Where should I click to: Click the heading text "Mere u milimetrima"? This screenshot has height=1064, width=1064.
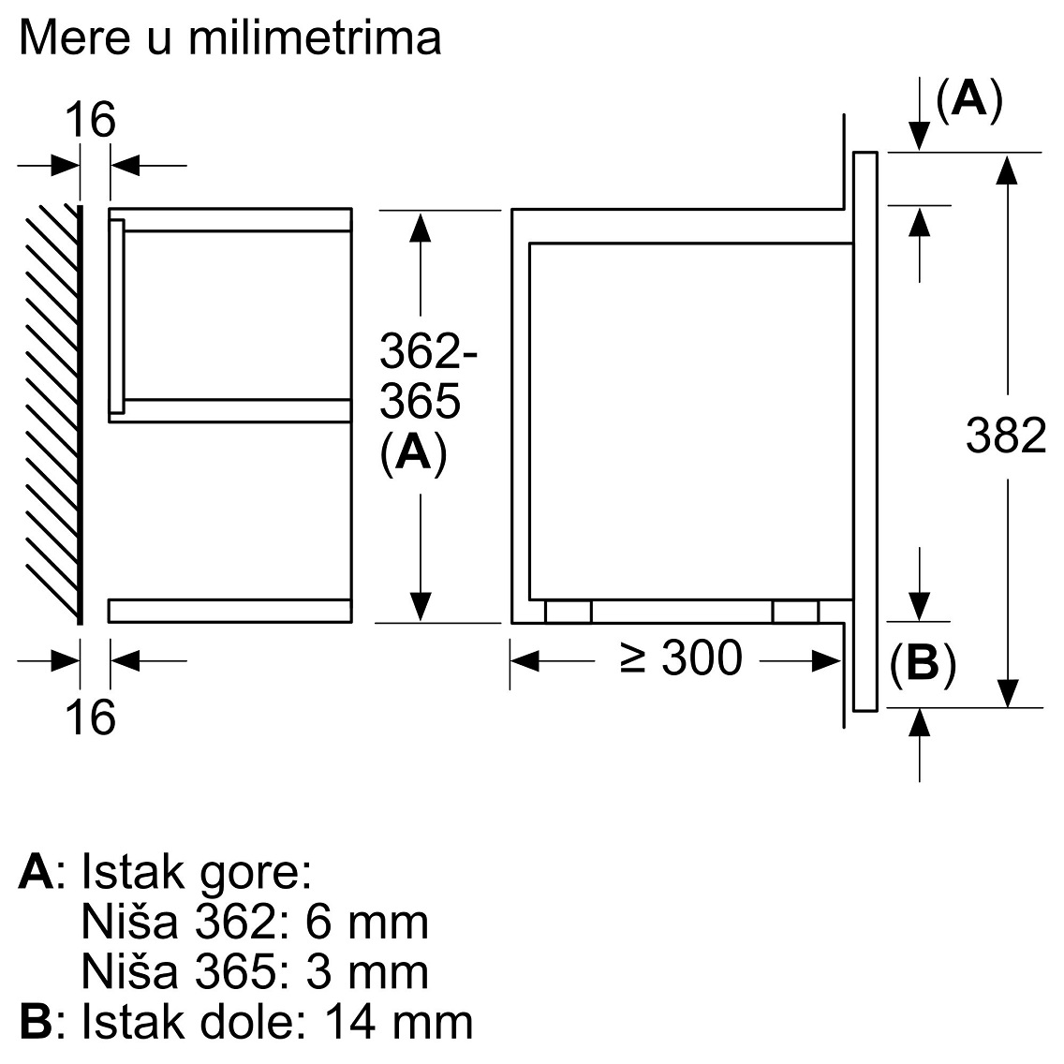(230, 37)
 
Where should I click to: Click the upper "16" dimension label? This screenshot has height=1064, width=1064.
(90, 120)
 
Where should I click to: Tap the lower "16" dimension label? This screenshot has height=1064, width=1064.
(90, 717)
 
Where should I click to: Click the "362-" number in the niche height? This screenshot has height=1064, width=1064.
(428, 350)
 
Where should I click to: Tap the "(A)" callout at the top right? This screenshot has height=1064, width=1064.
(969, 99)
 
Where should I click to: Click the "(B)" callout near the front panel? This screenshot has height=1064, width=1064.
(923, 663)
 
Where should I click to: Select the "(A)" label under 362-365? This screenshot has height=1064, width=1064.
(413, 452)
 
